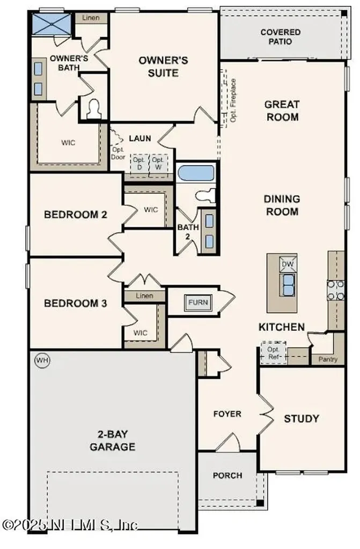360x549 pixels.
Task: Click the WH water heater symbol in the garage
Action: (x=41, y=360)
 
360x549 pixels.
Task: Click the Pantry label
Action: (x=328, y=359)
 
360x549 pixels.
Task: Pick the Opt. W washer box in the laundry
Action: (x=158, y=163)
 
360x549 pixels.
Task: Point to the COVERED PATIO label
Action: (x=281, y=36)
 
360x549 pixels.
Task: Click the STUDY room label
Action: (x=302, y=418)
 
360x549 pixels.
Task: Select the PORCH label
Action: (x=227, y=475)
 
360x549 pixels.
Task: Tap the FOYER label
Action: (x=227, y=414)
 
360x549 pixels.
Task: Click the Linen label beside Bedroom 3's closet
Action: (x=144, y=296)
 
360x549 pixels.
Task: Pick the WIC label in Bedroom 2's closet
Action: (x=151, y=210)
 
